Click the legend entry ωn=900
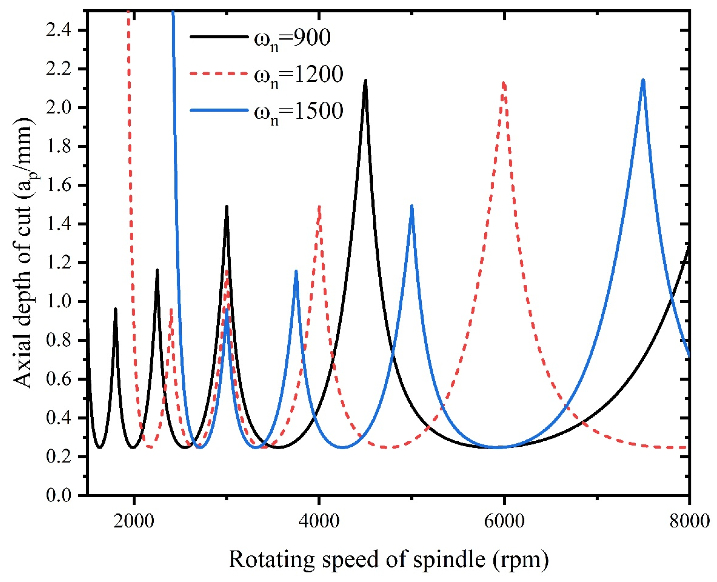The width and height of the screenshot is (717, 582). click(x=292, y=38)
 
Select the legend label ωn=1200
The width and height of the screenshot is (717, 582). click(x=298, y=74)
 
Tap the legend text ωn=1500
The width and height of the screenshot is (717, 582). click(x=298, y=111)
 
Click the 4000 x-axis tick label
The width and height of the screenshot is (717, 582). click(x=319, y=521)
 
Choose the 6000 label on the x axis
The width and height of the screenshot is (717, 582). click(x=504, y=521)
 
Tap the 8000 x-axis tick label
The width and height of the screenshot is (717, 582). click(x=689, y=521)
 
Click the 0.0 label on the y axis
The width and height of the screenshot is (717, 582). click(x=59, y=496)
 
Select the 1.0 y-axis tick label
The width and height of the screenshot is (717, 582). click(x=59, y=302)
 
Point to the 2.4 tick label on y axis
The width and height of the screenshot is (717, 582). click(x=59, y=31)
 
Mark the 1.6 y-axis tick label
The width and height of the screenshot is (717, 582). click(x=59, y=185)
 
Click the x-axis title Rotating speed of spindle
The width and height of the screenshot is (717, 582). click(x=389, y=559)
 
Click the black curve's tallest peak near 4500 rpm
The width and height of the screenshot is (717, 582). click(x=365, y=81)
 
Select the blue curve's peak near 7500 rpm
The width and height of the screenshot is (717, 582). click(x=643, y=80)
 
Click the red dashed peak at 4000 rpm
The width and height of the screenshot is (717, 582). click(x=319, y=207)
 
